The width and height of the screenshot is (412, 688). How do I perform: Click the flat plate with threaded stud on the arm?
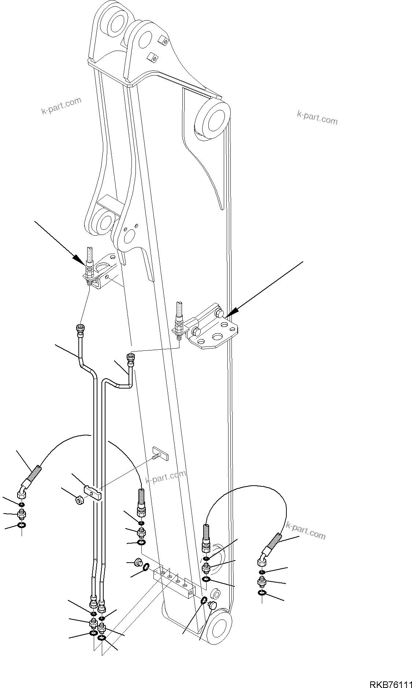160,453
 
